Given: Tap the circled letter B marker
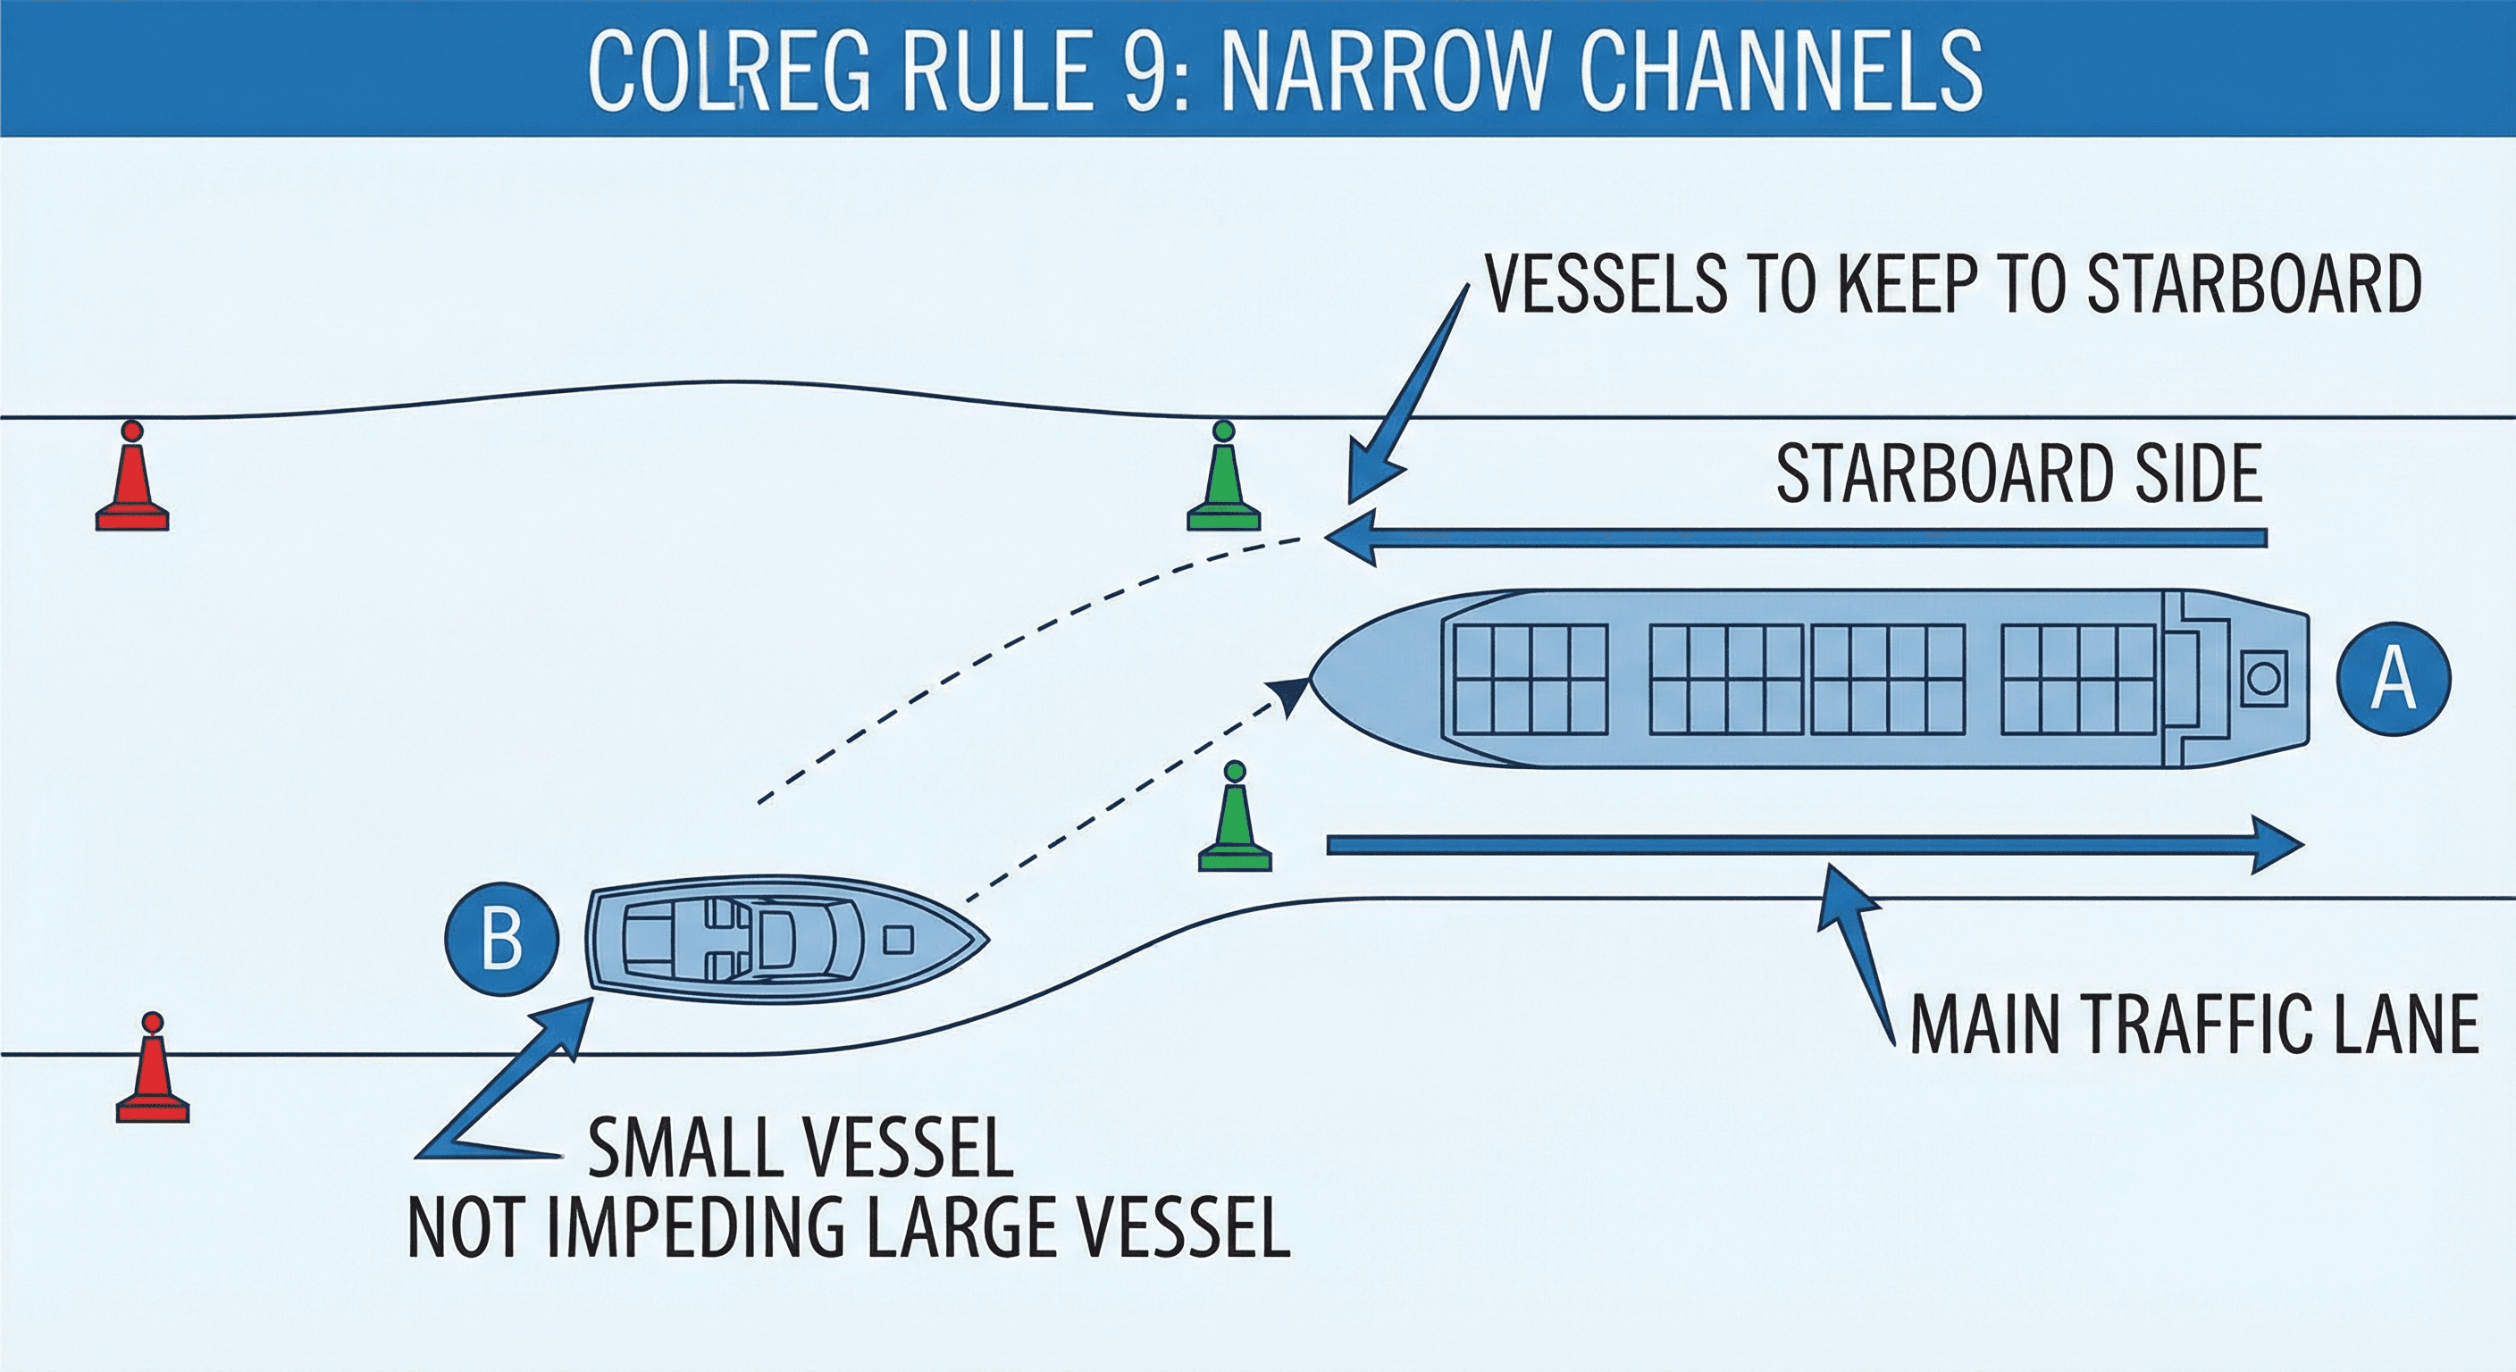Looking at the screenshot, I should [501, 940].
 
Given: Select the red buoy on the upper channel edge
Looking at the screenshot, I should [132, 479].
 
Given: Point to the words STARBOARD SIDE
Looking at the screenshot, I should [2017, 474].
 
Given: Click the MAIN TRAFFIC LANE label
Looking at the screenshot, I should [2193, 1024].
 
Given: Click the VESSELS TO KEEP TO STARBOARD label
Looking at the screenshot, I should [1952, 284].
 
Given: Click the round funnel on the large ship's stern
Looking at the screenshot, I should [2263, 677].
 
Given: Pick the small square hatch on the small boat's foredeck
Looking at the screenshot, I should [898, 940].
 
